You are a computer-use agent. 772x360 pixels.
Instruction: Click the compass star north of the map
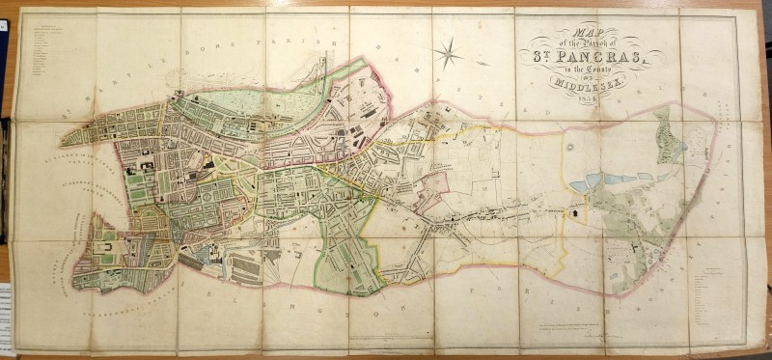pos(447,52)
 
